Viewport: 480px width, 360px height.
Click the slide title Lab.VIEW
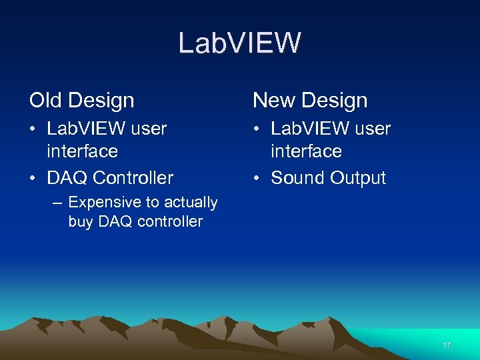click(239, 43)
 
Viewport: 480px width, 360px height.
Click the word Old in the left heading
click(45, 101)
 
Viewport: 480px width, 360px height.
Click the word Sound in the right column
click(298, 178)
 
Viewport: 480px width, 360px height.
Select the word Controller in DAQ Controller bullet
click(133, 178)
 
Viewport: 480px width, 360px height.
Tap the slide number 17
click(447, 345)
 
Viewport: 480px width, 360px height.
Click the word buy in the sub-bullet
click(81, 221)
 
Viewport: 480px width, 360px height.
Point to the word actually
click(189, 202)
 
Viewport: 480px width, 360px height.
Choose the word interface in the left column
click(82, 151)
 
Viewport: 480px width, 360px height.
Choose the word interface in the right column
click(306, 151)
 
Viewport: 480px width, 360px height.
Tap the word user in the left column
click(149, 129)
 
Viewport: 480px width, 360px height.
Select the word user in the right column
click(373, 129)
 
